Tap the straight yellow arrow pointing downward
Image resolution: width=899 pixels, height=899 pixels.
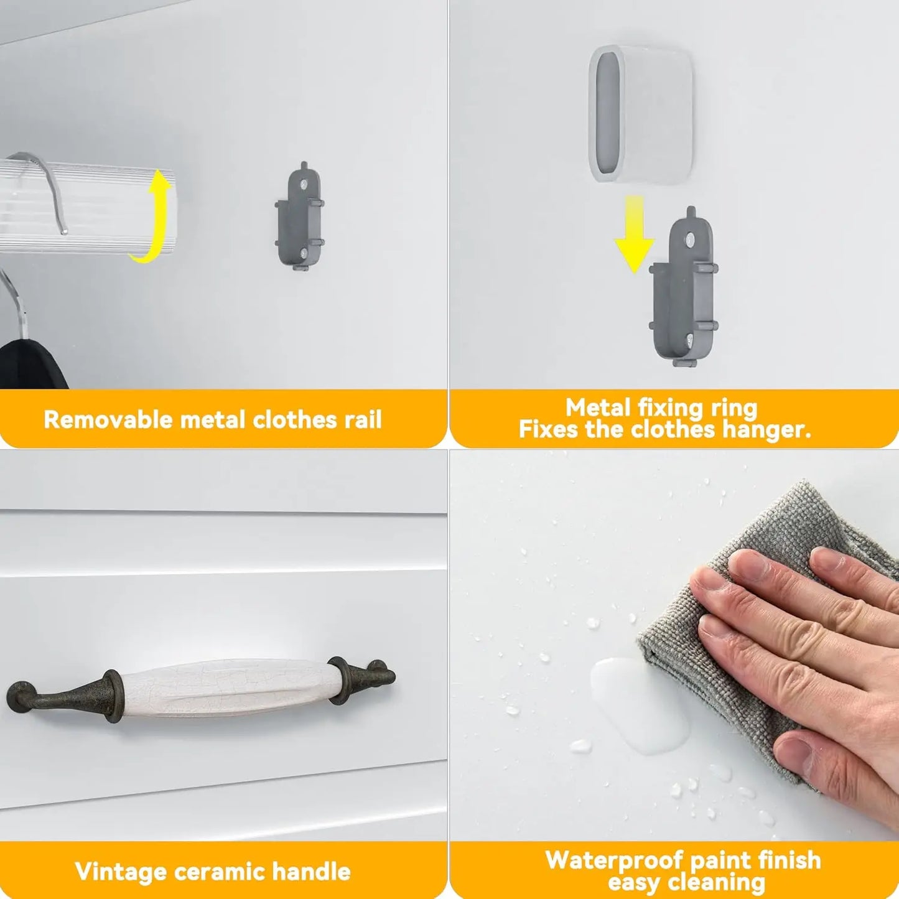click(634, 233)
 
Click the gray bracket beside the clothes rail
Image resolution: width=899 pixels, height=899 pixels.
click(300, 217)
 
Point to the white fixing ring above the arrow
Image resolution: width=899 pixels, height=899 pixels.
click(641, 114)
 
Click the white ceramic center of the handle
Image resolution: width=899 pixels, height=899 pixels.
click(228, 687)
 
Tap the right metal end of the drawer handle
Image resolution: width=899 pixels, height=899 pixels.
click(361, 678)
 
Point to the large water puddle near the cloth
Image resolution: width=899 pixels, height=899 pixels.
click(639, 704)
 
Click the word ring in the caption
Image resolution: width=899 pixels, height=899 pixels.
click(734, 409)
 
